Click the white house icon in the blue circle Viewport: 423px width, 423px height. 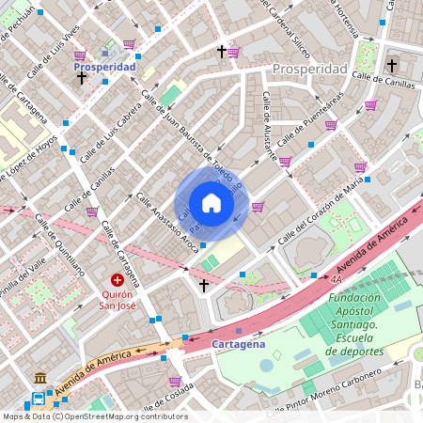tap(211, 203)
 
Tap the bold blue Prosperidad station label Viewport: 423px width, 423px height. tap(105, 68)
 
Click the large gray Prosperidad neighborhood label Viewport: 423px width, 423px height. tap(310, 70)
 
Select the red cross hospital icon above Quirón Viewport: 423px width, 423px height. tap(117, 279)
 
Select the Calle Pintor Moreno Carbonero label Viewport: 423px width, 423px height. tap(323, 392)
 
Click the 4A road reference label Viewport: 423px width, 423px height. tap(336, 279)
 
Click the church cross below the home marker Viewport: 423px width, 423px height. tap(204, 284)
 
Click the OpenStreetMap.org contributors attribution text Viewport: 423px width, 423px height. tap(126, 416)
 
